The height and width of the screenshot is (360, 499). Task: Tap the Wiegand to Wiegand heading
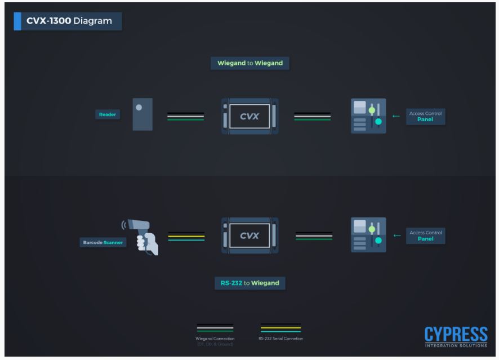[250, 63]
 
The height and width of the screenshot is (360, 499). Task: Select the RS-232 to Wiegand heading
[250, 283]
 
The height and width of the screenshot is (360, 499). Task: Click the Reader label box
[107, 115]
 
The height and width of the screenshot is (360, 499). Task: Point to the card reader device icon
[142, 114]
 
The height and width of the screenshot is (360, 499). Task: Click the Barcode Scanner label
[102, 243]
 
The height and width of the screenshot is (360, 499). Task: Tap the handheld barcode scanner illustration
[142, 237]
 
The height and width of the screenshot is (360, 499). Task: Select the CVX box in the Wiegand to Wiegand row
[250, 116]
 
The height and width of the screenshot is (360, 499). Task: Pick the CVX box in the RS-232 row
[250, 235]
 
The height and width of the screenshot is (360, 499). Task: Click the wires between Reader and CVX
[185, 117]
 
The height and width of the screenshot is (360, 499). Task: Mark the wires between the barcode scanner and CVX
[186, 236]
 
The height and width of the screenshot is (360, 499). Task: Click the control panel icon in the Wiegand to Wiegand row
[368, 116]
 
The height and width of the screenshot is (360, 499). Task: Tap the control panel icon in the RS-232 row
[368, 235]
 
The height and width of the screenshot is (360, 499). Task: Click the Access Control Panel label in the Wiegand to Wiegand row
[425, 116]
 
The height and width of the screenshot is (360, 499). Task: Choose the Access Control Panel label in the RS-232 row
[425, 235]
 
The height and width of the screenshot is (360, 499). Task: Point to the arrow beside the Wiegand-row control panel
[396, 117]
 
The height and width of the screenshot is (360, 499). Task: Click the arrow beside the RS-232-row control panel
[396, 235]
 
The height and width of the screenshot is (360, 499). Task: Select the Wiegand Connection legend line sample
[215, 328]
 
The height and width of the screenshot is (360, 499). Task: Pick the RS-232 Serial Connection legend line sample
[280, 328]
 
